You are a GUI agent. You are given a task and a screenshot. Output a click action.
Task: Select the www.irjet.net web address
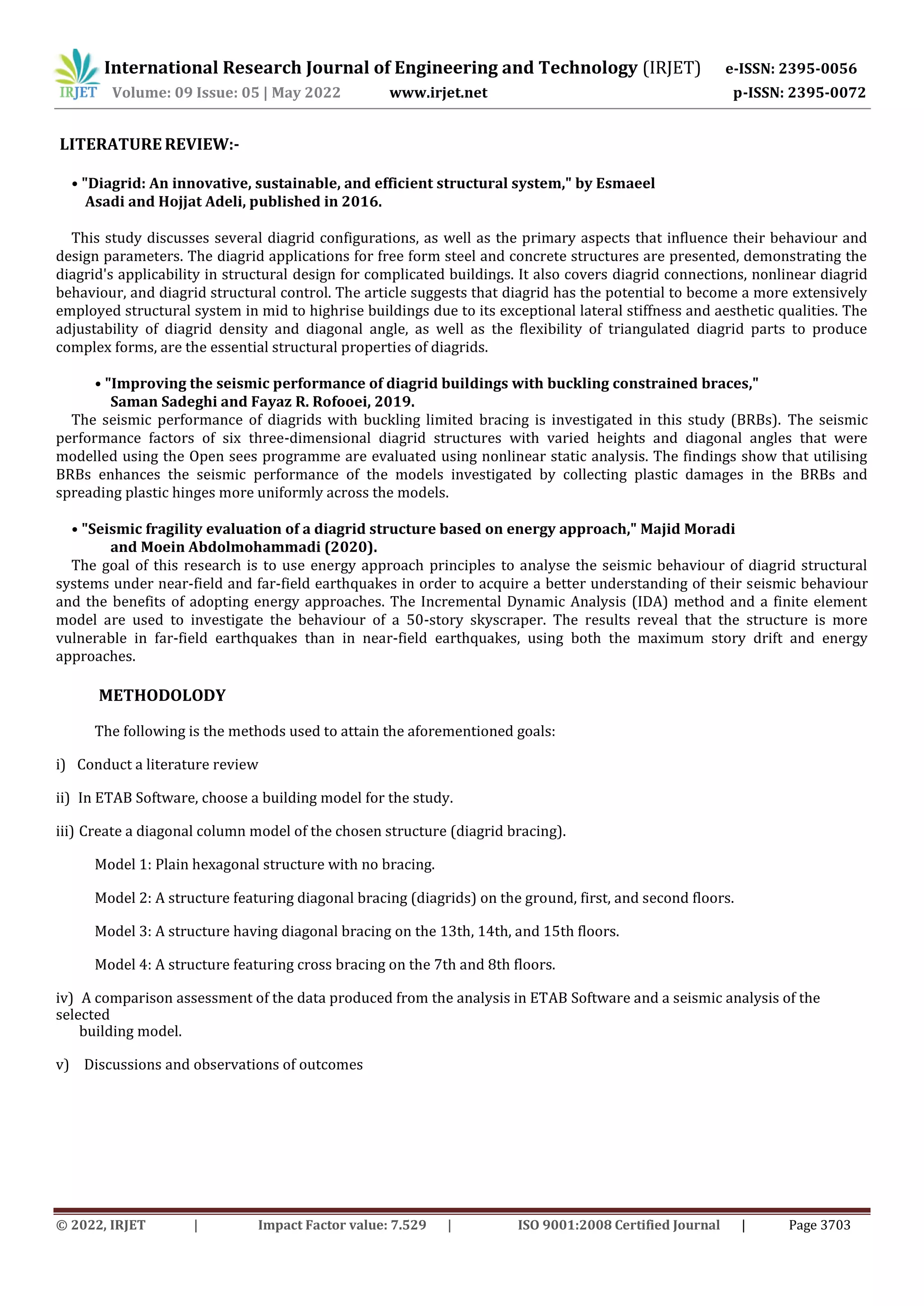coord(438,93)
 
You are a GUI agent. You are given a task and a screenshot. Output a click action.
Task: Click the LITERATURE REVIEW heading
coord(149,144)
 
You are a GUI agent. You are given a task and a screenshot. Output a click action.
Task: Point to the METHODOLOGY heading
coord(162,695)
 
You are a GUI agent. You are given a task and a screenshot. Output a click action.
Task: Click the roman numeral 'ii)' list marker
coord(63,798)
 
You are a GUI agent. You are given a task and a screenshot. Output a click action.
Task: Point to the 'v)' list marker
coord(62,1065)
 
